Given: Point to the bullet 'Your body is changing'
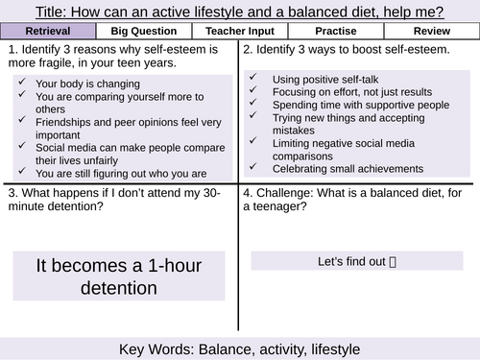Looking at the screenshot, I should (85, 84).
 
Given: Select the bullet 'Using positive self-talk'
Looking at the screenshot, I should (325, 79).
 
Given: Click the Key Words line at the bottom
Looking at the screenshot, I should (240, 348).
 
